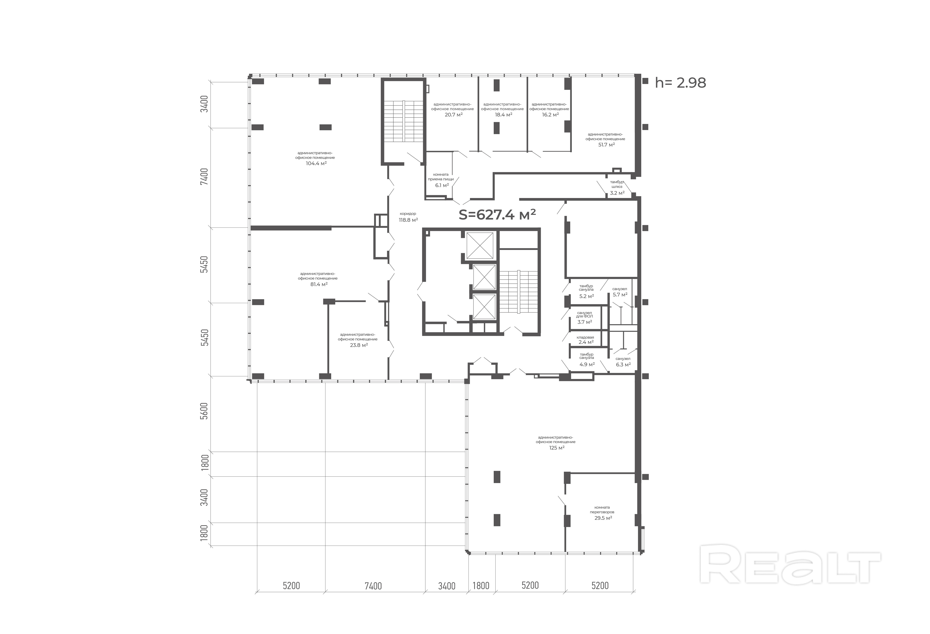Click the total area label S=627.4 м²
coord(497,215)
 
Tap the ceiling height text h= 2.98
coord(680,83)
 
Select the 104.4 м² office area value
coord(316,163)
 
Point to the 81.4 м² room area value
coord(319,284)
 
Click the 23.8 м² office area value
coord(359,345)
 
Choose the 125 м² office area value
coord(557,448)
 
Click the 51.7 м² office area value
coord(606,145)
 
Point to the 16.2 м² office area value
coord(550,114)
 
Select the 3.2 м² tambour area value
coord(617,193)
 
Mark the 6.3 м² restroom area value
coord(623,364)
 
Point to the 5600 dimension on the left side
coord(204,411)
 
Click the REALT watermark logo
coord(790,564)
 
